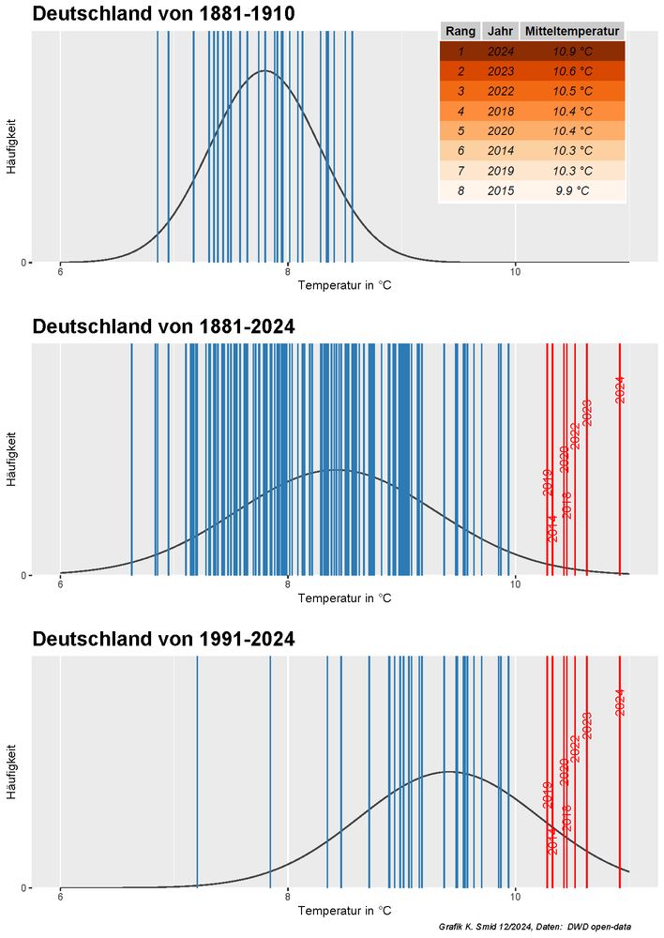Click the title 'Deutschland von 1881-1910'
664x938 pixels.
(x=163, y=14)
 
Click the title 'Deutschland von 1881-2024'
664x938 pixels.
(x=163, y=326)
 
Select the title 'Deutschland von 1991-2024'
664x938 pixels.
(x=163, y=640)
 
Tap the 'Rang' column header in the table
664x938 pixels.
(x=460, y=31)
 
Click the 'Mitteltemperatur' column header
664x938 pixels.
(x=572, y=31)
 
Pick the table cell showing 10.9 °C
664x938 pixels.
(x=572, y=52)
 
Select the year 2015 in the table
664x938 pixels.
(x=501, y=190)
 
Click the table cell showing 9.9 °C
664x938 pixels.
(x=572, y=190)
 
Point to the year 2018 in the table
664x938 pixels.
(x=501, y=111)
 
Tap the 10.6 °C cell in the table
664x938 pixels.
(x=572, y=71)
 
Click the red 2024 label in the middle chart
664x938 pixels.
(x=620, y=389)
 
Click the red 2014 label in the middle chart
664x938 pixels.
(x=552, y=528)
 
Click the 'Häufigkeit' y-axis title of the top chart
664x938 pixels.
(x=11, y=145)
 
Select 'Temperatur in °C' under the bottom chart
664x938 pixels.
(x=344, y=911)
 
